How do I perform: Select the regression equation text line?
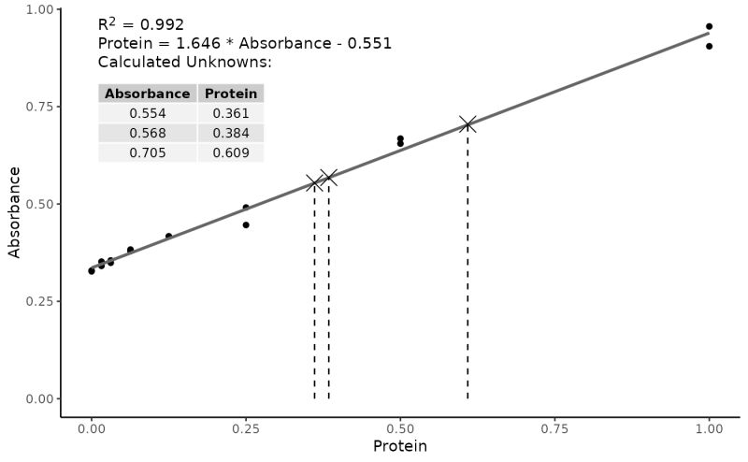coord(244,43)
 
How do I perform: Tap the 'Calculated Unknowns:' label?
coord(184,62)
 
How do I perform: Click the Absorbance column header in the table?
coord(147,94)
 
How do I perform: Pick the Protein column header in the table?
coord(231,94)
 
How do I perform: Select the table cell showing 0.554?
coord(147,113)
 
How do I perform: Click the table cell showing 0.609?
coord(231,152)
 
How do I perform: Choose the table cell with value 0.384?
coord(231,133)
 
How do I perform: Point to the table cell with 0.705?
coord(147,152)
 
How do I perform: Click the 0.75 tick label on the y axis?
coord(37,107)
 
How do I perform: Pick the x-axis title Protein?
coord(399,447)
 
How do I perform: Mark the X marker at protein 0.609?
coord(467,124)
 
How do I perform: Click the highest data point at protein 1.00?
coord(709,26)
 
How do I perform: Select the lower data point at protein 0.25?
coord(246,224)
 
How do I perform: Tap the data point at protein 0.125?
coord(168,236)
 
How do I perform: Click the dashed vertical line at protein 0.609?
coord(467,271)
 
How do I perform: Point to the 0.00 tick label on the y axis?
coord(37,399)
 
